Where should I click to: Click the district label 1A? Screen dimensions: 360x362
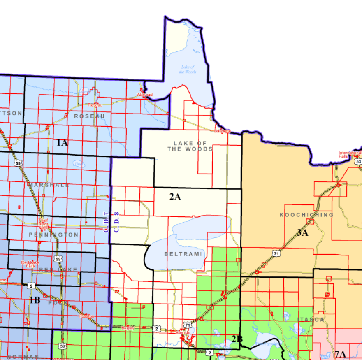pos(62,143)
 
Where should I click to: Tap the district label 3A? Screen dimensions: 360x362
pos(302,233)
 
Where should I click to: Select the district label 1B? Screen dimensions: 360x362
pos(35,300)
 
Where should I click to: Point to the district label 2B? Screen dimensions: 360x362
pos(237,339)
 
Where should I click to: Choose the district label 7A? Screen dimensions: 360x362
pos(341,354)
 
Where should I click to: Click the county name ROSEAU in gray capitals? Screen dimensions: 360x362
pos(89,116)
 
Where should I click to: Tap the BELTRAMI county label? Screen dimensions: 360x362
pos(183,254)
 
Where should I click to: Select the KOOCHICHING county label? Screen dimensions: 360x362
pos(306,215)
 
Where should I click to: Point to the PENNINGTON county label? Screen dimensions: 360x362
pos(53,235)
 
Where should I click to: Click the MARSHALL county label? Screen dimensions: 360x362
pos(49,185)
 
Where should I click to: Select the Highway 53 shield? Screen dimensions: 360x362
pos(358,162)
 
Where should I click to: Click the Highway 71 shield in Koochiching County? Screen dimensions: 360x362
pos(276,253)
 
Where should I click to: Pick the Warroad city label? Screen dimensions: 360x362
pos(144,95)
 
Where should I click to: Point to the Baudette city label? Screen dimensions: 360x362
pos(223,131)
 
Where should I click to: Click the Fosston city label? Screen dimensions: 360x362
pos(86,316)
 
